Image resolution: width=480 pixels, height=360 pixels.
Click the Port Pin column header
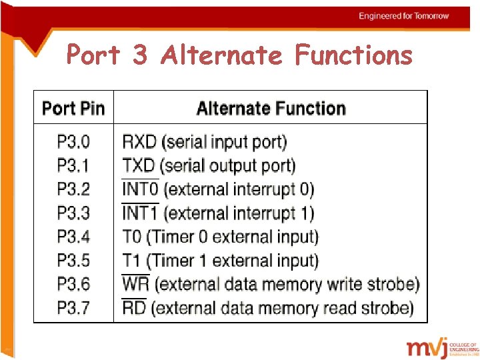click(x=73, y=108)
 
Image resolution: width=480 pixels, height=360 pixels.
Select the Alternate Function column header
click(x=271, y=108)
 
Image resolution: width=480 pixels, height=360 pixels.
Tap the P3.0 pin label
click(x=73, y=142)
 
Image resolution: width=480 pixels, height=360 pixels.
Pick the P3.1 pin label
click(x=73, y=165)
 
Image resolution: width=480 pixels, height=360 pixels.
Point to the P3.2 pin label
click(x=73, y=189)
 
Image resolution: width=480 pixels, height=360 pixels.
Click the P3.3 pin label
click(x=73, y=213)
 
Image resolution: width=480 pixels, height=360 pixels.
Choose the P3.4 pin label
click(x=73, y=237)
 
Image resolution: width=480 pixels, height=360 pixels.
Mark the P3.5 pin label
click(x=73, y=261)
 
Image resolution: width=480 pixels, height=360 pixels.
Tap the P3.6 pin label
click(x=73, y=285)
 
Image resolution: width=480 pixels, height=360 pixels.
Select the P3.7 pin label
click(x=73, y=308)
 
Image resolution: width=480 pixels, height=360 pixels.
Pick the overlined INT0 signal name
click(x=140, y=189)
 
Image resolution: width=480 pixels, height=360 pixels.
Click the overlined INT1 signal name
click(x=140, y=213)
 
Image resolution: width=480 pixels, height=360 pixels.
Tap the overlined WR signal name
click(x=135, y=285)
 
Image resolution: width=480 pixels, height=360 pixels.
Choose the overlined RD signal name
click(x=134, y=308)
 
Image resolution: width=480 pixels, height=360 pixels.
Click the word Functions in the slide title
click(x=353, y=55)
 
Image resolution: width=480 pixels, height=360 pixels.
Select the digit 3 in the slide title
click(x=139, y=55)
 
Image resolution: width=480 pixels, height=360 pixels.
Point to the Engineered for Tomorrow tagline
click(x=404, y=16)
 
